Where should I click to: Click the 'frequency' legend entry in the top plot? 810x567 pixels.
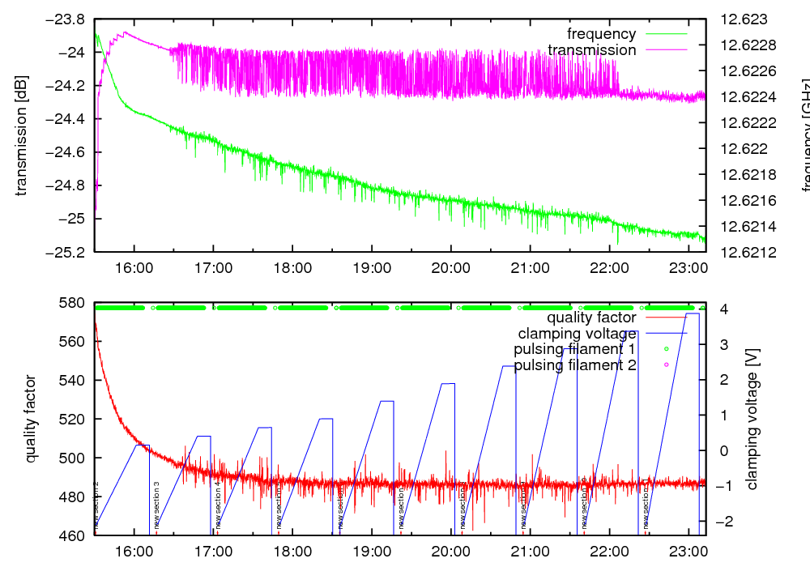601,34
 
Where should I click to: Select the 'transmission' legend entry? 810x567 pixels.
592,50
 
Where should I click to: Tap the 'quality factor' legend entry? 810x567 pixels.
591,318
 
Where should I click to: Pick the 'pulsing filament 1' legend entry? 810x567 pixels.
574,349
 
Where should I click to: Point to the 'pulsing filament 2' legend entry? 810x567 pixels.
574,365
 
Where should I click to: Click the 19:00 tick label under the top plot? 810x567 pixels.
371,267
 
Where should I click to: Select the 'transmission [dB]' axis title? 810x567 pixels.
22,135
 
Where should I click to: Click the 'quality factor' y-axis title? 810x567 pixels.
31,419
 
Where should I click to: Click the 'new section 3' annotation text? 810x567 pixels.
156,504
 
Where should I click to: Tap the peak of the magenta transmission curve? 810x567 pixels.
126,32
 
